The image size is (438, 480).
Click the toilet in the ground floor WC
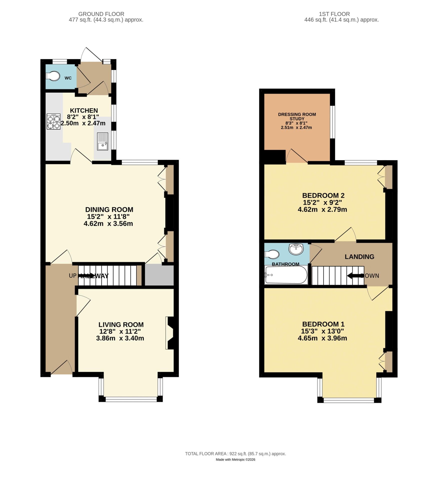point(53,76)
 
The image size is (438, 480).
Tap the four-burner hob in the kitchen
point(54,121)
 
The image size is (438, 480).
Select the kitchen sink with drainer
point(102,141)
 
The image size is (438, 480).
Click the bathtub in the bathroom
point(286,275)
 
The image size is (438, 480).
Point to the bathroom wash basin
point(296,249)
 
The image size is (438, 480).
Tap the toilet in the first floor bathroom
point(272,254)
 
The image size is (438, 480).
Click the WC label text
point(68,78)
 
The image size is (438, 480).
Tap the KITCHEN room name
point(84,110)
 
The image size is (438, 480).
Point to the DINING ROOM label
point(109,209)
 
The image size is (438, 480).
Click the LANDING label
point(359,257)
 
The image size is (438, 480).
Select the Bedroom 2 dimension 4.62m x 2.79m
point(322,209)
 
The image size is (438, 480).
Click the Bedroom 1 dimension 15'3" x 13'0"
point(323,331)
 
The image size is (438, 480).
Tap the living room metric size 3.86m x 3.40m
point(120,338)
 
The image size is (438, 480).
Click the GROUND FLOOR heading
point(101,14)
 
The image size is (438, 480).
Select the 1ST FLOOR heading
point(334,14)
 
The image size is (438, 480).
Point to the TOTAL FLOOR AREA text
point(235,454)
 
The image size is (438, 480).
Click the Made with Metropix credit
point(235,459)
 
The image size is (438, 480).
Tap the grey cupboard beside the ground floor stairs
point(159,275)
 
